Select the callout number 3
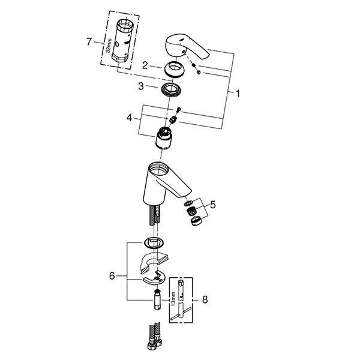[x=140, y=87]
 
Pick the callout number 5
[x=212, y=205]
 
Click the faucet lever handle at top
[x=186, y=50]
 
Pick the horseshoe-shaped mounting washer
[x=157, y=278]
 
